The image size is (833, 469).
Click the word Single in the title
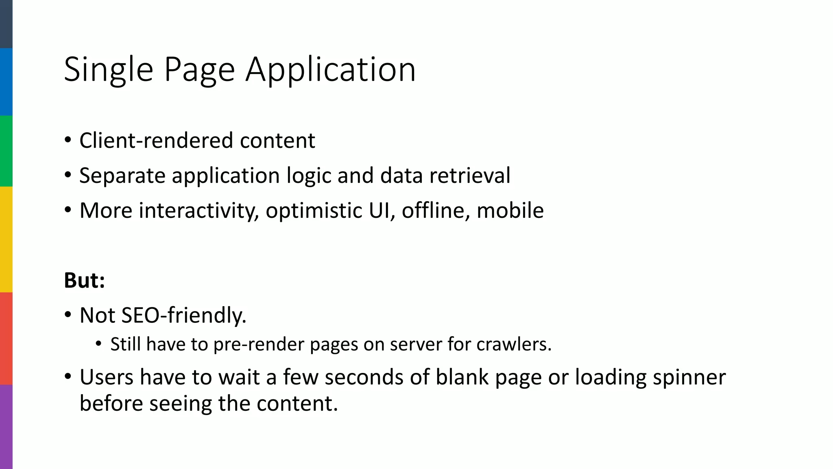(x=109, y=70)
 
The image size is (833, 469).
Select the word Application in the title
(x=331, y=70)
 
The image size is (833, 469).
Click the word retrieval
(x=470, y=175)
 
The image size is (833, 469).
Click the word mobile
(x=510, y=210)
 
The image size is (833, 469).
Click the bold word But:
(x=85, y=281)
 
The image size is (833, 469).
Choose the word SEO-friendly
(x=184, y=316)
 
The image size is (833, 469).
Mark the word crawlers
(x=514, y=344)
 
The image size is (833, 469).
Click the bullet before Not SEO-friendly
(x=68, y=315)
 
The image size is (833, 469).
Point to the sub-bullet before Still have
(x=98, y=344)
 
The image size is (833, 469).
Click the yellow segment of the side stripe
(x=6, y=239)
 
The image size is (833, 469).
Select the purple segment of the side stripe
(x=6, y=427)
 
